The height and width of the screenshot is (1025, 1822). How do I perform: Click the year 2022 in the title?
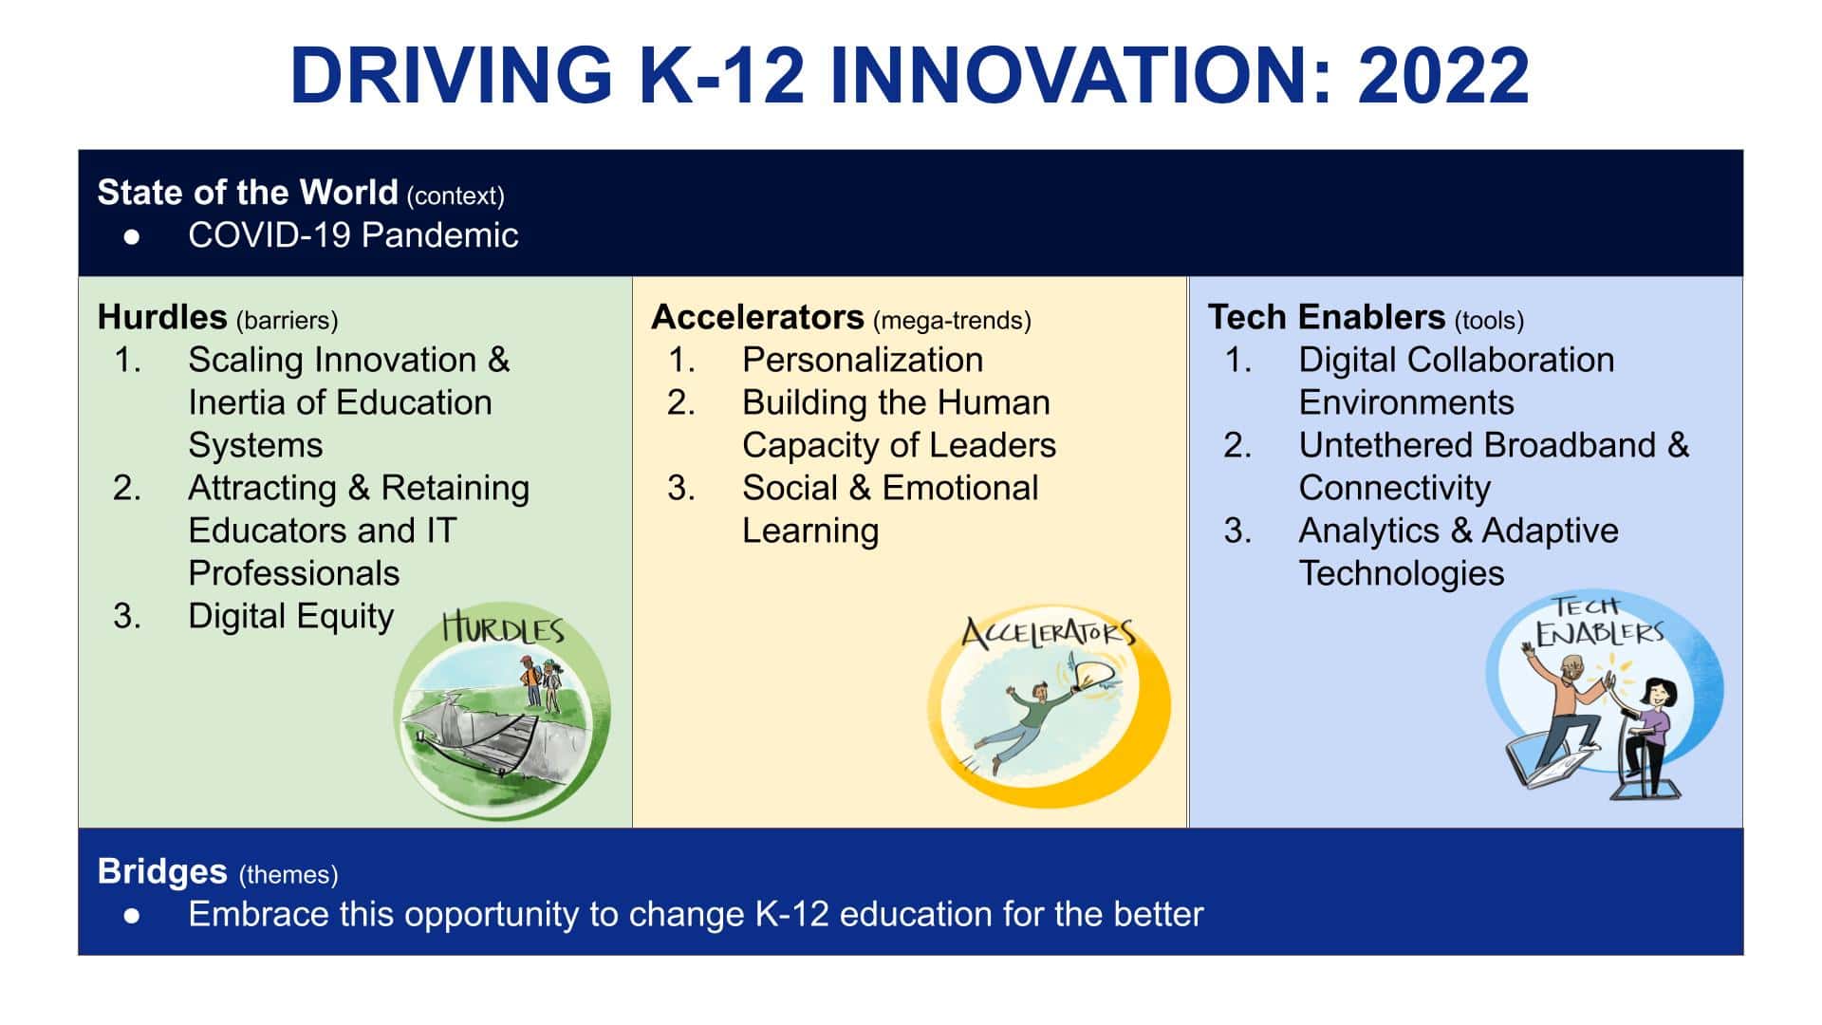click(1442, 76)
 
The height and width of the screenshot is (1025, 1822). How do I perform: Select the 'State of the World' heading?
click(247, 193)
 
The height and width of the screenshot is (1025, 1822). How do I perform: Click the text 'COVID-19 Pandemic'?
click(353, 235)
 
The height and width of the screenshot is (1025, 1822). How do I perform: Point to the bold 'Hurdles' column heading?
click(162, 317)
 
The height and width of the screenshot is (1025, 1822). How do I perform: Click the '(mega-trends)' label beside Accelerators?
click(951, 321)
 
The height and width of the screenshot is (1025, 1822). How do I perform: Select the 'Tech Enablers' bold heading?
click(1326, 317)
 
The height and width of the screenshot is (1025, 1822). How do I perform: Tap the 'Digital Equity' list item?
click(290, 617)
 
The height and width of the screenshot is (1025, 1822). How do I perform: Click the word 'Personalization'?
click(862, 361)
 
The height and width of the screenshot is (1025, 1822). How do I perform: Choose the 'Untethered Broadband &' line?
click(1493, 445)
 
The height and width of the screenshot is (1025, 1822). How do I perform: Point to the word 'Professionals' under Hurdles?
click(293, 573)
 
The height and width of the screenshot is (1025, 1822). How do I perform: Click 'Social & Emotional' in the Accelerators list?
click(889, 488)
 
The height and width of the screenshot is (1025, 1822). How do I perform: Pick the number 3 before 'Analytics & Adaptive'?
click(1236, 531)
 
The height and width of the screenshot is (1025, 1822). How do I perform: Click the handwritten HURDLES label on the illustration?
click(503, 629)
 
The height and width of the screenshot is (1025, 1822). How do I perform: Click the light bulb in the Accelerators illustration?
click(1091, 675)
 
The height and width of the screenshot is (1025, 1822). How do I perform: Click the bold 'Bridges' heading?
click(162, 871)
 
